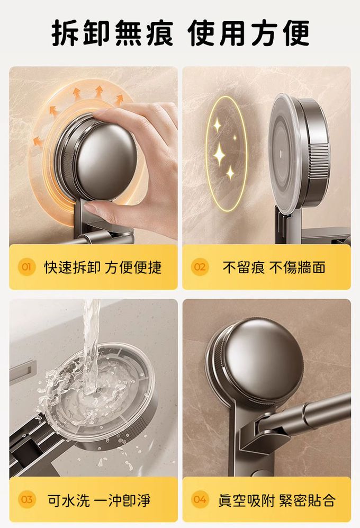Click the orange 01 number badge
(x=26, y=267)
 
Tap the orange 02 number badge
(x=200, y=267)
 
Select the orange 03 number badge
(x=26, y=499)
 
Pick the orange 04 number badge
(x=200, y=499)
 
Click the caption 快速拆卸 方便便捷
(x=103, y=267)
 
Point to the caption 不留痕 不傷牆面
(x=274, y=267)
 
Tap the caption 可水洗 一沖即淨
(x=99, y=500)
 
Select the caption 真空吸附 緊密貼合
(x=277, y=500)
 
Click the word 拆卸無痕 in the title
(x=112, y=33)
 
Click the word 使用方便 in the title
(x=248, y=33)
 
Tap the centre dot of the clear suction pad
(x=281, y=154)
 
